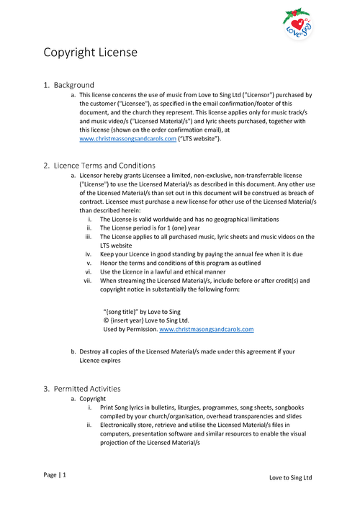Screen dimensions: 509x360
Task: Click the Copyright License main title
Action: click(90, 53)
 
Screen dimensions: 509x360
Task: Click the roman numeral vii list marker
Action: click(88, 280)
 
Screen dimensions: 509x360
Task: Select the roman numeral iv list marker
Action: click(88, 254)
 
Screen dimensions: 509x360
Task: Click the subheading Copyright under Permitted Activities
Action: click(92, 398)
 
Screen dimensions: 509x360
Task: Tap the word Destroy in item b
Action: click(91, 351)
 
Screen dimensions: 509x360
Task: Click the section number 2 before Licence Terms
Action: click(46, 166)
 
